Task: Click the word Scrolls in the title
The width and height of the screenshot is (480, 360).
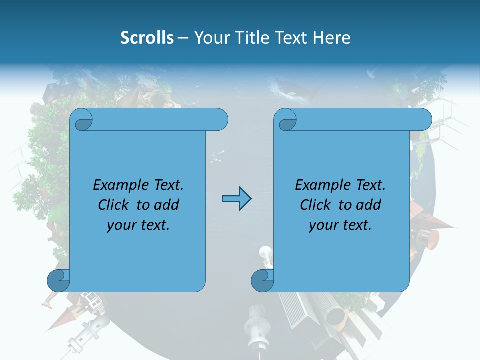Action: pos(147,37)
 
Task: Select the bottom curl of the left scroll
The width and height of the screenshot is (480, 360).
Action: pos(58,280)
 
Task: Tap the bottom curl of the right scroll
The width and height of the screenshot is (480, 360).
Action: pos(262,280)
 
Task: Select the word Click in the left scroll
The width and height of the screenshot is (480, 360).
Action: pos(115,205)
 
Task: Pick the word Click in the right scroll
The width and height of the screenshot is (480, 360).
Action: pos(317,205)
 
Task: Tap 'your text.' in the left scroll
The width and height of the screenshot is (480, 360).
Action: pos(138,225)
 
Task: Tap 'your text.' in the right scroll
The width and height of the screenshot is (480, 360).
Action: pos(340,225)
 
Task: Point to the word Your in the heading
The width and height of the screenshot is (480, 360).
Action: pos(212,37)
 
